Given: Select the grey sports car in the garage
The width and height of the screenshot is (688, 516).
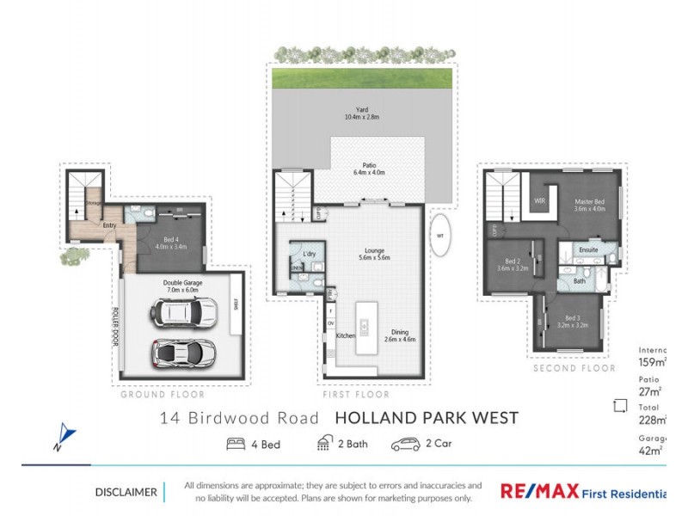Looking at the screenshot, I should [183, 352].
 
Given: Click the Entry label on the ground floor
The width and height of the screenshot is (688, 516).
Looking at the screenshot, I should [110, 225].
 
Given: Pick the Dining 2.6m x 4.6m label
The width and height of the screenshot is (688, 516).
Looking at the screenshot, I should [399, 335].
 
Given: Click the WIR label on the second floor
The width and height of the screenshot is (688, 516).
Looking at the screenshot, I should [540, 200].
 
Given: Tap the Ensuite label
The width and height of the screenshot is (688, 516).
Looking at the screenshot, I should [588, 250].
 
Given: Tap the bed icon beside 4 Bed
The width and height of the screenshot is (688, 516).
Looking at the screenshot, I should [236, 444].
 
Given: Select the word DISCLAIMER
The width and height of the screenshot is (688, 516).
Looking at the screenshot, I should [126, 493].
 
